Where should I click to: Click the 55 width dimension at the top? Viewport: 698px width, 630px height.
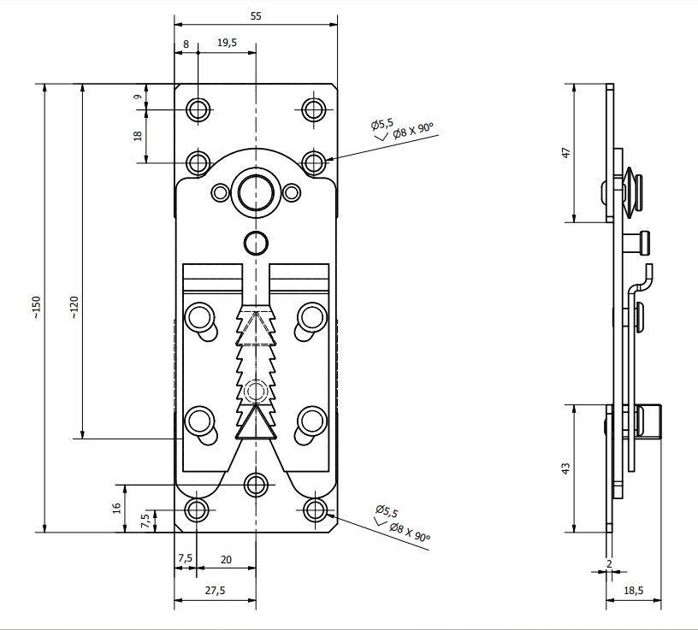coord(256,16)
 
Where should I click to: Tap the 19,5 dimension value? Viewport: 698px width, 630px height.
coord(227,43)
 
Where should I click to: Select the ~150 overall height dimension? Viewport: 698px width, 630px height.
coord(36,308)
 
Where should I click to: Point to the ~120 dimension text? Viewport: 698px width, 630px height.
coord(74,308)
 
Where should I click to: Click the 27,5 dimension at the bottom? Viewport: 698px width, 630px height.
coord(215,591)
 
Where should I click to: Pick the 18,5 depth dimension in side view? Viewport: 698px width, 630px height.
coord(634,591)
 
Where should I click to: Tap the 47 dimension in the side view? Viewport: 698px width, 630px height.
coord(565,153)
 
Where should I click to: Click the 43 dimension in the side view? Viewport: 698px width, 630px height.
coord(565,468)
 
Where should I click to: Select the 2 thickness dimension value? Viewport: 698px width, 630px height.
coord(609,563)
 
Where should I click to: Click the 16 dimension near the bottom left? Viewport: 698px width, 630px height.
coord(116,508)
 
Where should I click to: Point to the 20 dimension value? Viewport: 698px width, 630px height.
coord(226,560)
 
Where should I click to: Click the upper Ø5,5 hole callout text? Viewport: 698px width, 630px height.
coord(382,125)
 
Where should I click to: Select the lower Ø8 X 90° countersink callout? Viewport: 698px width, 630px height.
coord(410,532)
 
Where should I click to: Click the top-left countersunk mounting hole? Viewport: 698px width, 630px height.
coord(198,109)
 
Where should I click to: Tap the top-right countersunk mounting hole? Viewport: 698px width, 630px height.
coord(314,109)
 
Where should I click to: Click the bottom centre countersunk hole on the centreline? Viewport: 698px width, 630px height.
coord(256,485)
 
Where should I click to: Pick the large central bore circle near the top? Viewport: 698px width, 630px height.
coord(256,193)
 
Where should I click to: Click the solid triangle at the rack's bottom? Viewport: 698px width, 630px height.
coord(256,422)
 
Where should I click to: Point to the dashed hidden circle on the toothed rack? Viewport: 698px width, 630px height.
coord(256,392)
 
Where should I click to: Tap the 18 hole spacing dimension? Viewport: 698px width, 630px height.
coord(138,136)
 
